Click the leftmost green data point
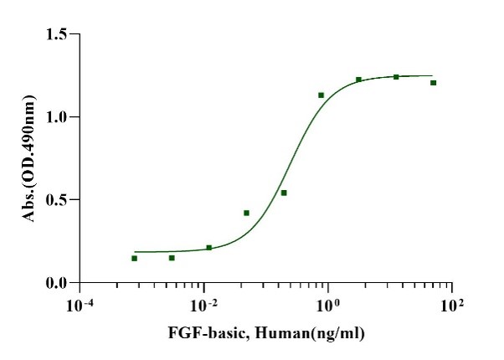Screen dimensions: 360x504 tap(134, 259)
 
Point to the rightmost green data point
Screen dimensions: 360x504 tap(434, 82)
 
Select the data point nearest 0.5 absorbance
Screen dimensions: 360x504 tap(284, 193)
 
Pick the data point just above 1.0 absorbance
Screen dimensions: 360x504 tap(321, 95)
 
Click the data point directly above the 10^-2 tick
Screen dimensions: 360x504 tap(208, 248)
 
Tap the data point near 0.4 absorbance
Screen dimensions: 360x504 tap(246, 213)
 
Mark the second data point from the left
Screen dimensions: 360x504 tap(172, 258)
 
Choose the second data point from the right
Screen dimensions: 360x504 tap(396, 77)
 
